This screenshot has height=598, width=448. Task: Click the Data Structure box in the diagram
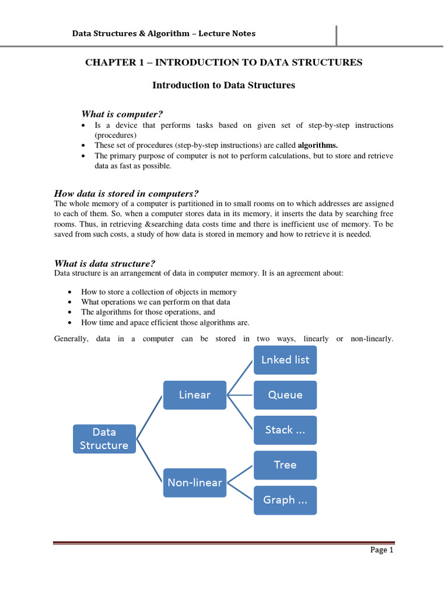104,439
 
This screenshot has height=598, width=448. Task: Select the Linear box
195,395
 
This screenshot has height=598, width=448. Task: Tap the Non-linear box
195,482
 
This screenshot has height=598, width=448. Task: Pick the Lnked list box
285,360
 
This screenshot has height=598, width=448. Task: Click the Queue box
285,395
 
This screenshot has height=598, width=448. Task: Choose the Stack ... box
285,430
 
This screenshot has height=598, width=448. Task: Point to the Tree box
285,465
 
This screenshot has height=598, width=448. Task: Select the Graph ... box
285,500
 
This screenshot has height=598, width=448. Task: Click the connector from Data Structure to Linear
150,416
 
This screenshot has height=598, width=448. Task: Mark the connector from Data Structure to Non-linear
150,461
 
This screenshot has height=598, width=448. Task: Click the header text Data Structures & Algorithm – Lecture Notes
163,33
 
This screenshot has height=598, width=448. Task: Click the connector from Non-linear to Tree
240,474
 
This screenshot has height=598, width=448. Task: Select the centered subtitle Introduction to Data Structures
223,85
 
